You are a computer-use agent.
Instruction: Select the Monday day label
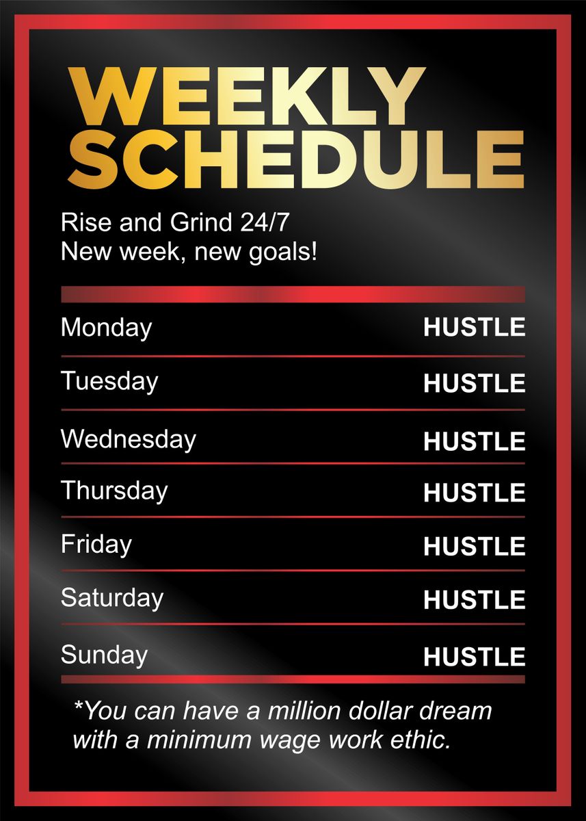tap(106, 328)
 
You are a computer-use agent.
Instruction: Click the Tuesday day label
tap(109, 381)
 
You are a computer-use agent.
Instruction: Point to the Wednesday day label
tap(128, 439)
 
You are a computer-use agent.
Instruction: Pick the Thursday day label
tap(114, 491)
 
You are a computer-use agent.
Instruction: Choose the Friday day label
tap(96, 545)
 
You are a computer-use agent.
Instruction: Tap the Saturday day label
tap(112, 598)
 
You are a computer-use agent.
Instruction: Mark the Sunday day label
tap(104, 655)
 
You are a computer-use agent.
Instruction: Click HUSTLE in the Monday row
tap(474, 328)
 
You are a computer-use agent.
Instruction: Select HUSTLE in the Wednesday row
tap(474, 442)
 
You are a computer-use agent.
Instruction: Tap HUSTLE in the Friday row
tap(474, 547)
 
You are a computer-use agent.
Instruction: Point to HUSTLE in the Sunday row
tap(474, 657)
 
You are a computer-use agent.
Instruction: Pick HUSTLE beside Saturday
tap(474, 600)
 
